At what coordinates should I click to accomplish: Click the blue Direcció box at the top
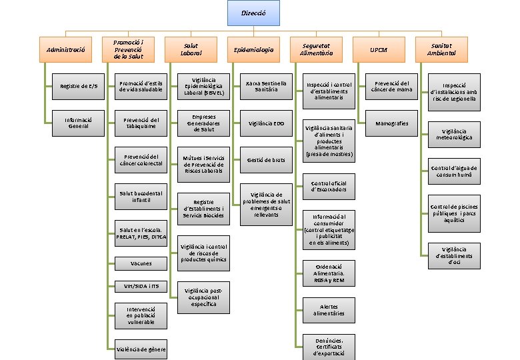(253, 13)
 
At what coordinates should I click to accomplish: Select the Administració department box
(66, 50)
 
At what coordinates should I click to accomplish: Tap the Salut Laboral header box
(191, 50)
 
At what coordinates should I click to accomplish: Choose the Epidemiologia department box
(253, 50)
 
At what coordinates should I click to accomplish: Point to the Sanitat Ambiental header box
(441, 49)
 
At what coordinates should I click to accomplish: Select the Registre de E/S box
(78, 86)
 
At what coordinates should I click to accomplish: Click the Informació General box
(78, 123)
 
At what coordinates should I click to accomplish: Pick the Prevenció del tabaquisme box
(141, 123)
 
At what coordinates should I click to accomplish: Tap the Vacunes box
(141, 264)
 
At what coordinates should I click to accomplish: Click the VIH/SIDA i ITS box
(141, 287)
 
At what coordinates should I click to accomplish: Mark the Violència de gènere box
(141, 350)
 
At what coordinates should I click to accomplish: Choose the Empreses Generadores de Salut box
(203, 123)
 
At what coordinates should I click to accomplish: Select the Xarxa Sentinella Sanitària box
(265, 86)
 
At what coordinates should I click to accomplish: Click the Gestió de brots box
(265, 160)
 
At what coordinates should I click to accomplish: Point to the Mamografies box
(392, 123)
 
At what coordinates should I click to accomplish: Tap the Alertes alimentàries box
(329, 309)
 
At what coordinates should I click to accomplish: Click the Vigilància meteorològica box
(454, 134)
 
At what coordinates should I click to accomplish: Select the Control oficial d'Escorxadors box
(329, 186)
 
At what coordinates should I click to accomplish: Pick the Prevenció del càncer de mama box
(392, 86)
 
